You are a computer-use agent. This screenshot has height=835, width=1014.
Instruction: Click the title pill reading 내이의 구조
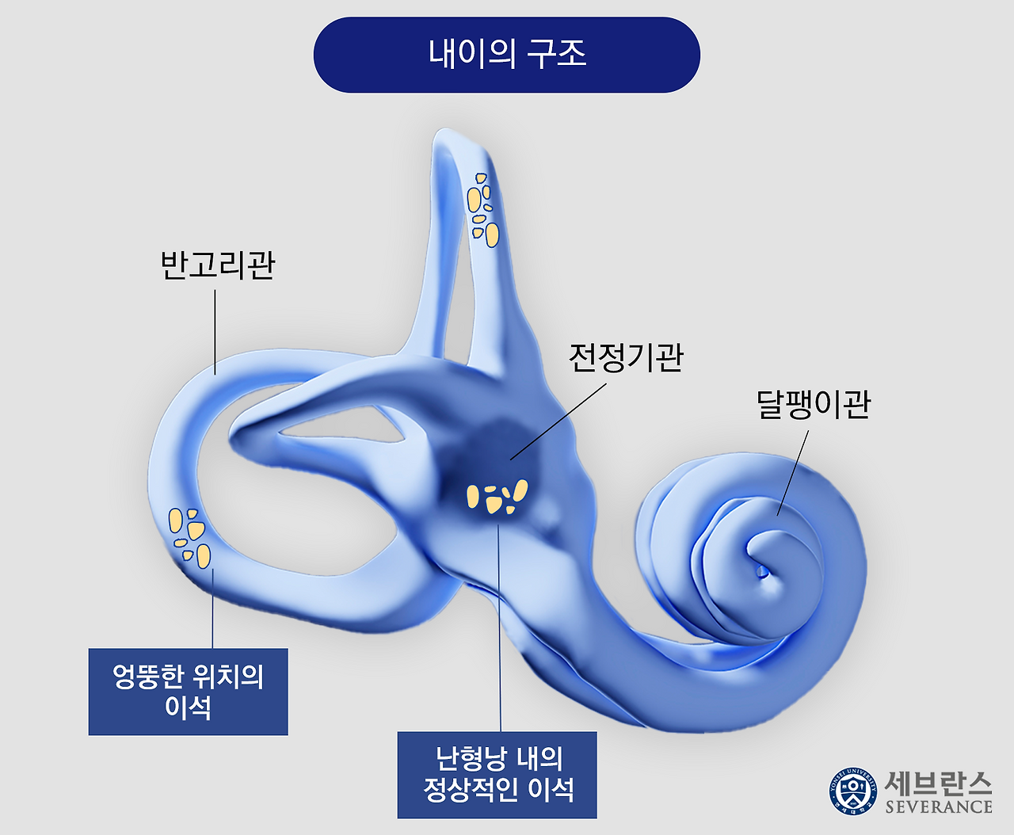507,55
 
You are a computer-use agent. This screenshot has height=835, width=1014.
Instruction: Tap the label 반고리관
218,265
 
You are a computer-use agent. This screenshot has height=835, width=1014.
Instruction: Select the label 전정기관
626,358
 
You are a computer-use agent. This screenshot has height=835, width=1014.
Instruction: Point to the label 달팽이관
814,404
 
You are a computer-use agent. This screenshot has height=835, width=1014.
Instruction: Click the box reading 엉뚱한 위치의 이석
188,692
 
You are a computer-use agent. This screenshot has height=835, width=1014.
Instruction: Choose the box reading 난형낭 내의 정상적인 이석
497,775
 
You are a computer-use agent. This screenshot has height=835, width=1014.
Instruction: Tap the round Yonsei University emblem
853,791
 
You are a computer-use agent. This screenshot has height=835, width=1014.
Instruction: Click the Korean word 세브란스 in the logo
938,783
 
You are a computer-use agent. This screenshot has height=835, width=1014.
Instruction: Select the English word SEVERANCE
939,807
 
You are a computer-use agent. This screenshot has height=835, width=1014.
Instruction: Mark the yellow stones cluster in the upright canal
482,208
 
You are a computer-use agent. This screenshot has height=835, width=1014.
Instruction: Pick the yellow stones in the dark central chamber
497,497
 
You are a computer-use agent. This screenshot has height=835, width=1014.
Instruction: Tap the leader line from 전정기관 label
558,421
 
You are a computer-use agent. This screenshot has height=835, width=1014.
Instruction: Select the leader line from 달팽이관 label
793,473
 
